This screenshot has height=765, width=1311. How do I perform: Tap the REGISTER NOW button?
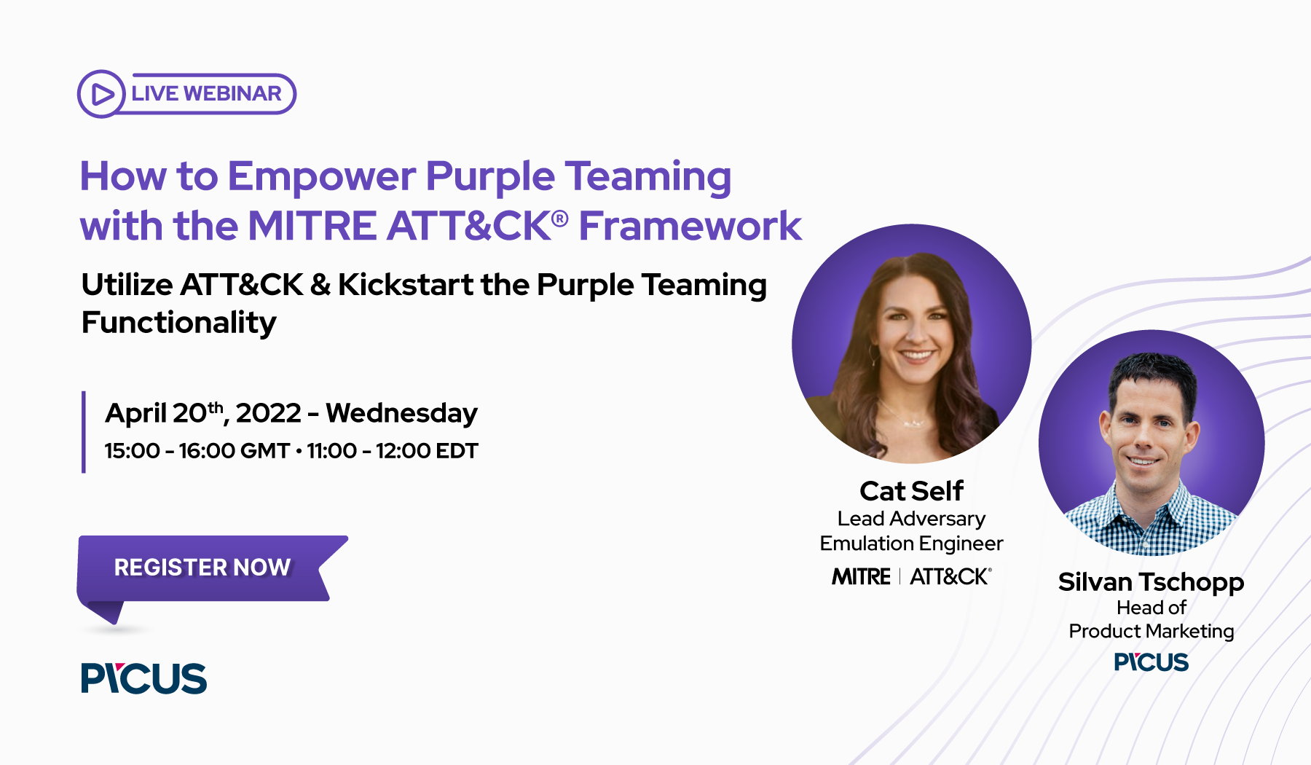point(202,568)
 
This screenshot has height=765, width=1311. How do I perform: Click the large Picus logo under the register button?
point(143,678)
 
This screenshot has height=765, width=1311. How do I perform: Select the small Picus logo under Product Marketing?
point(1151,662)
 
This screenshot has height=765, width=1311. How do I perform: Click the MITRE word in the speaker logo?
point(861,577)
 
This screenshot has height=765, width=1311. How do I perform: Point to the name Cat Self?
point(911,491)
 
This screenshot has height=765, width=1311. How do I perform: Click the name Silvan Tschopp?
point(1151,582)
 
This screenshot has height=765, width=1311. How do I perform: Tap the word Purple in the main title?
point(490,177)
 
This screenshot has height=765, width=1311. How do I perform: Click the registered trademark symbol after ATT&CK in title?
point(559,218)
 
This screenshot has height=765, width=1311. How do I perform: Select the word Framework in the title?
point(690,226)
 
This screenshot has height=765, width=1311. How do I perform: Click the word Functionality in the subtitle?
point(179,323)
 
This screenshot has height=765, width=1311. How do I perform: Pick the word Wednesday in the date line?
point(401,413)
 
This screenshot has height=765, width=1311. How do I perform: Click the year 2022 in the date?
point(268,413)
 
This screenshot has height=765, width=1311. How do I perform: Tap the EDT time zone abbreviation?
point(457,451)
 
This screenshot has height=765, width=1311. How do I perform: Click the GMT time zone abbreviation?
point(265,451)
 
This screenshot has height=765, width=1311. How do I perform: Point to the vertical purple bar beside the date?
point(84,432)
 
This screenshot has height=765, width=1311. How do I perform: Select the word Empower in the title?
point(321,177)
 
